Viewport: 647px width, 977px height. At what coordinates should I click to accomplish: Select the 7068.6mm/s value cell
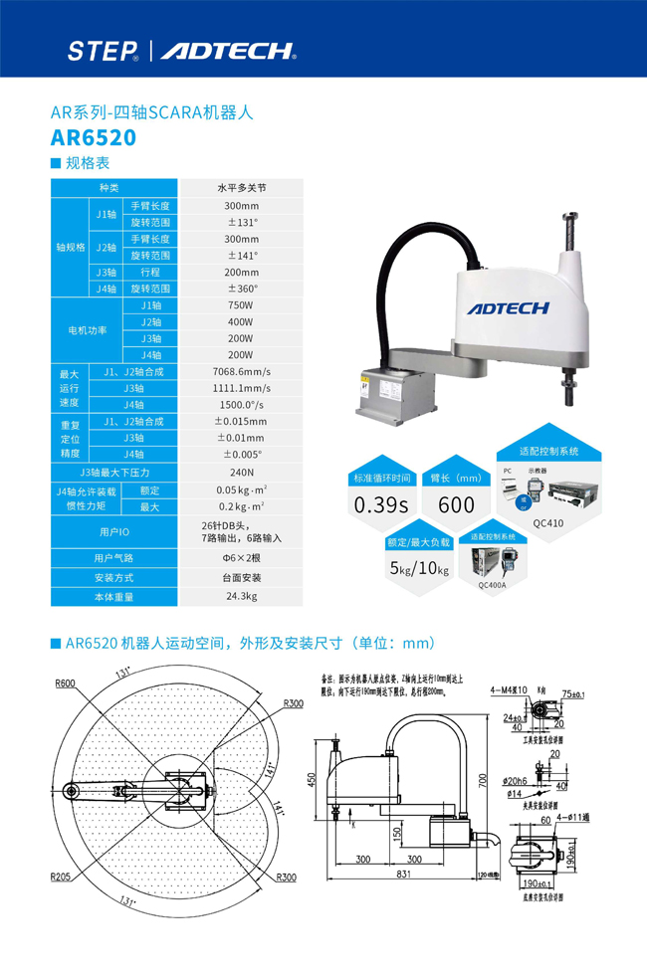tap(241, 372)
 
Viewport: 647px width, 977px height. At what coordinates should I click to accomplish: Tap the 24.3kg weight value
tap(241, 597)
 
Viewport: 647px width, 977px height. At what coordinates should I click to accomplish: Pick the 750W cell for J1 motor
tap(241, 305)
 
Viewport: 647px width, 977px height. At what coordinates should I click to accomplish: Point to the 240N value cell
tap(241, 473)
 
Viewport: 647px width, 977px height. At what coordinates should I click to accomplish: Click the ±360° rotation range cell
tap(241, 289)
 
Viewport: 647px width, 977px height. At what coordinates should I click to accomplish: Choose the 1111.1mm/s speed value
tap(241, 389)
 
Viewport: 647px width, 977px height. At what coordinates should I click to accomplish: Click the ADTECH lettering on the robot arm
tap(508, 308)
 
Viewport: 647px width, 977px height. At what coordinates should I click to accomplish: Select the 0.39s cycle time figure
tap(381, 505)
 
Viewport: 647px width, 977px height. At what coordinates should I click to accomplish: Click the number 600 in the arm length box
tap(456, 505)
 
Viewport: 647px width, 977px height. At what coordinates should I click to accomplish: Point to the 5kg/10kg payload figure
tap(418, 570)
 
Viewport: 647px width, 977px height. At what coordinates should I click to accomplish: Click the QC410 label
tap(546, 523)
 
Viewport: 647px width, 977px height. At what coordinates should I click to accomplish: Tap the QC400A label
tap(492, 586)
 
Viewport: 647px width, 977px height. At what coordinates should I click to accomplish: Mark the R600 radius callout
tap(66, 684)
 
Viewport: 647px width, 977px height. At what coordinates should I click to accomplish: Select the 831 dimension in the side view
tap(400, 875)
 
